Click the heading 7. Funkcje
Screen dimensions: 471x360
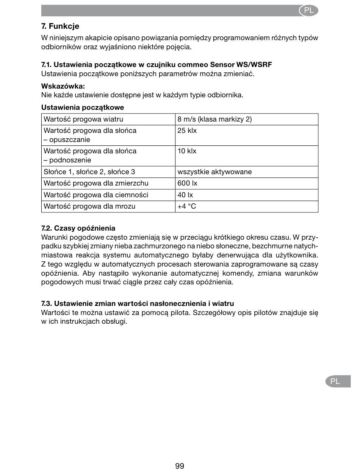(x=60, y=27)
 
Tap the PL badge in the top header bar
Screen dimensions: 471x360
(x=308, y=11)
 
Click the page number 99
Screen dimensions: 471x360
(x=180, y=466)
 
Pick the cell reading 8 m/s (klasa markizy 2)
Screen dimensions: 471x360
(x=214, y=119)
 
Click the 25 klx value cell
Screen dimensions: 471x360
(x=187, y=131)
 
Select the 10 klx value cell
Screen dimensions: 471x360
(x=187, y=151)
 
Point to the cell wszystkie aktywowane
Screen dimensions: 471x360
(x=214, y=172)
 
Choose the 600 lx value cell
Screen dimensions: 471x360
(x=188, y=183)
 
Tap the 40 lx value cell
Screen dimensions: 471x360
(x=185, y=195)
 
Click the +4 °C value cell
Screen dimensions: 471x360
(x=187, y=206)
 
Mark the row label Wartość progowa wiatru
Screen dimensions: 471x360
(x=83, y=119)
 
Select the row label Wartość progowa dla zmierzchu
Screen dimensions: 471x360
(x=96, y=183)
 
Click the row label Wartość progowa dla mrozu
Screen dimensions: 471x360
(x=89, y=206)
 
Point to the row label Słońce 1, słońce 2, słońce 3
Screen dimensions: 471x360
(x=89, y=172)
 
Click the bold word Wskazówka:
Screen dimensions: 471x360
(x=63, y=86)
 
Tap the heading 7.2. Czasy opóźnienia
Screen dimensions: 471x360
(x=78, y=228)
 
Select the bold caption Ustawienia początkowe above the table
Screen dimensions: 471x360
(x=83, y=108)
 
